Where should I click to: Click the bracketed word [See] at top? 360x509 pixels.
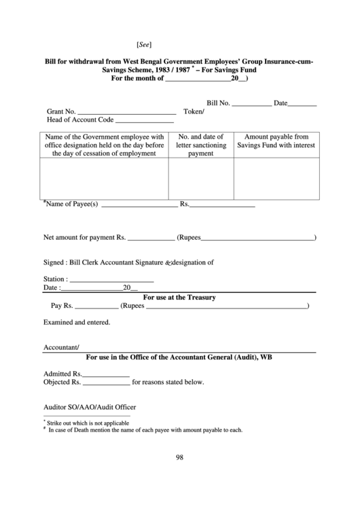143,45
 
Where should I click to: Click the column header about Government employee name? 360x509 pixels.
105,145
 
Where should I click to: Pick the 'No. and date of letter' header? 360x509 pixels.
200,145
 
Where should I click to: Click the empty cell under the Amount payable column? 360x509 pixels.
276,179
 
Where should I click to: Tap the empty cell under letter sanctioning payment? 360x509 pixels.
200,179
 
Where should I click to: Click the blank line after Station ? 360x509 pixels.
112,281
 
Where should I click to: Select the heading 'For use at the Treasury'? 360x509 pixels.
179,298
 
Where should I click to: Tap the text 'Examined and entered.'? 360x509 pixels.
77,323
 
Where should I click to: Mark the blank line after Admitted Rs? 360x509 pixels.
106,374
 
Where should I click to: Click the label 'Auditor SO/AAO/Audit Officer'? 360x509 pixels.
90,407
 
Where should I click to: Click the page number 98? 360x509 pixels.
180,457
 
